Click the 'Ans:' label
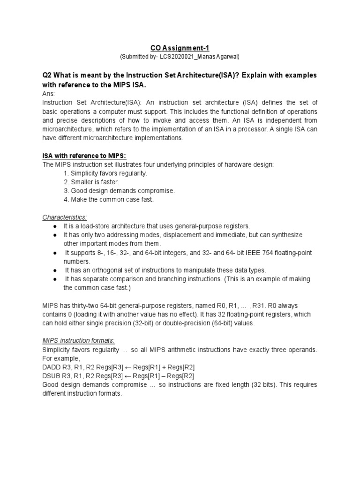click(49, 94)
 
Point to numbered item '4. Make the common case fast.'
click(108, 200)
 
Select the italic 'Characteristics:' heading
click(65, 217)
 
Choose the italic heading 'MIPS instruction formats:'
click(78, 341)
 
